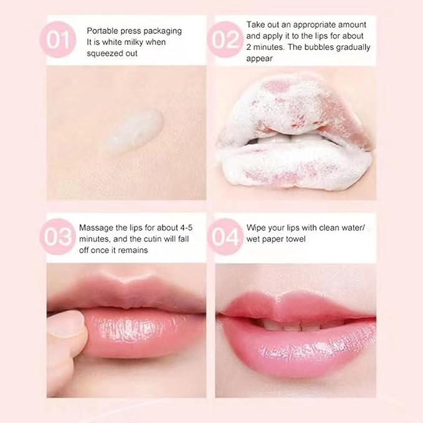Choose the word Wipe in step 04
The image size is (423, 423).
(256, 227)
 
